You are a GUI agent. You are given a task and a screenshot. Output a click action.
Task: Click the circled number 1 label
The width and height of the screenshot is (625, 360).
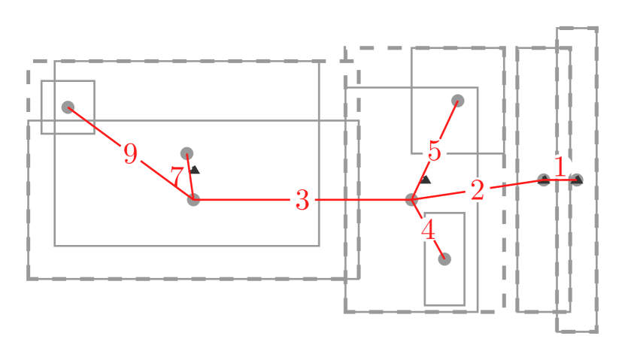coord(560,167)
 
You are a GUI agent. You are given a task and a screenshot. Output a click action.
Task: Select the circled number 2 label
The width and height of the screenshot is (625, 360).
coord(477,191)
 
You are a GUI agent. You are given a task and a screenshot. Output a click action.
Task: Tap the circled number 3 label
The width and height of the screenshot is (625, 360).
coord(302,200)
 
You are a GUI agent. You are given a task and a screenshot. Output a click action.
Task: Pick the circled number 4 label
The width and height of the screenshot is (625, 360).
coord(428,229)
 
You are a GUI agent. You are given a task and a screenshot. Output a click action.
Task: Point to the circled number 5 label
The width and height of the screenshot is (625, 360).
coord(434,150)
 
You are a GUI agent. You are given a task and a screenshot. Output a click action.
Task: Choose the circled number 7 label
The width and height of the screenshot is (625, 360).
coord(177,178)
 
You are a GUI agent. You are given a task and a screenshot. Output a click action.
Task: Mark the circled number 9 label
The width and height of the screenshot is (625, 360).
coord(130,154)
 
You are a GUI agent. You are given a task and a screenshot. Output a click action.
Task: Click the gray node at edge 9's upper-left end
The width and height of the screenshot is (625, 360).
coord(68,107)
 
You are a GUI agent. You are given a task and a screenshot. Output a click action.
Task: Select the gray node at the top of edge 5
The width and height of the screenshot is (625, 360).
coord(457,100)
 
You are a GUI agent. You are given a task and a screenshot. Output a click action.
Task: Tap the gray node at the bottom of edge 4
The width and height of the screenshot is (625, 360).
coord(444,259)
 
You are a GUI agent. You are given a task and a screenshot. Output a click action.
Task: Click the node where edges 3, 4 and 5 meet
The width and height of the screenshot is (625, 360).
coord(411,200)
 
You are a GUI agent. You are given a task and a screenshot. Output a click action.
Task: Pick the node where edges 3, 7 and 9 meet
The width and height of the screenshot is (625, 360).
coord(193,200)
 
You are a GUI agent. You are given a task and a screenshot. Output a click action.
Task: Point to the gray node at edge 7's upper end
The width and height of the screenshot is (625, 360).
coord(187,153)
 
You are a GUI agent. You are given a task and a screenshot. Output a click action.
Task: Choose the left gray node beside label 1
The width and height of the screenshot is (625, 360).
coord(543,180)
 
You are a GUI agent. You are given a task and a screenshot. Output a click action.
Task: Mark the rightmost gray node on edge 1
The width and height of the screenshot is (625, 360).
coord(576,180)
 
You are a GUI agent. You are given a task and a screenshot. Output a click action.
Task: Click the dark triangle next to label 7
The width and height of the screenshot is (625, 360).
coord(195,170)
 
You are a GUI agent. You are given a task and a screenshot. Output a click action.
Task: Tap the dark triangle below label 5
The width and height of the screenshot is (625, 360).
coord(426,180)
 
